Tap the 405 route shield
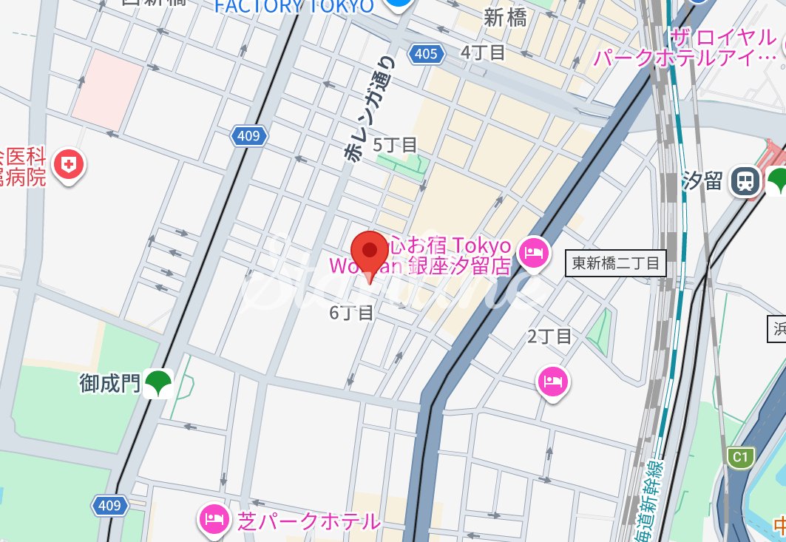coord(426,53)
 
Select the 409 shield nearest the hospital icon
coord(248,135)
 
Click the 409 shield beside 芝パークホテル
coord(109,505)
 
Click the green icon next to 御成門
coord(158,383)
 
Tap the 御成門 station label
coord(109,383)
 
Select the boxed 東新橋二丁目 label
coord(616,263)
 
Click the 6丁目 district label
coord(351,313)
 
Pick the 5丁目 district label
coord(395,144)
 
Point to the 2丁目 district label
coord(549,336)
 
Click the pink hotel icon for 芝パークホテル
coord(213,520)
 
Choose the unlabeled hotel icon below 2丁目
coord(553,382)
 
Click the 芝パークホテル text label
coord(308,521)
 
